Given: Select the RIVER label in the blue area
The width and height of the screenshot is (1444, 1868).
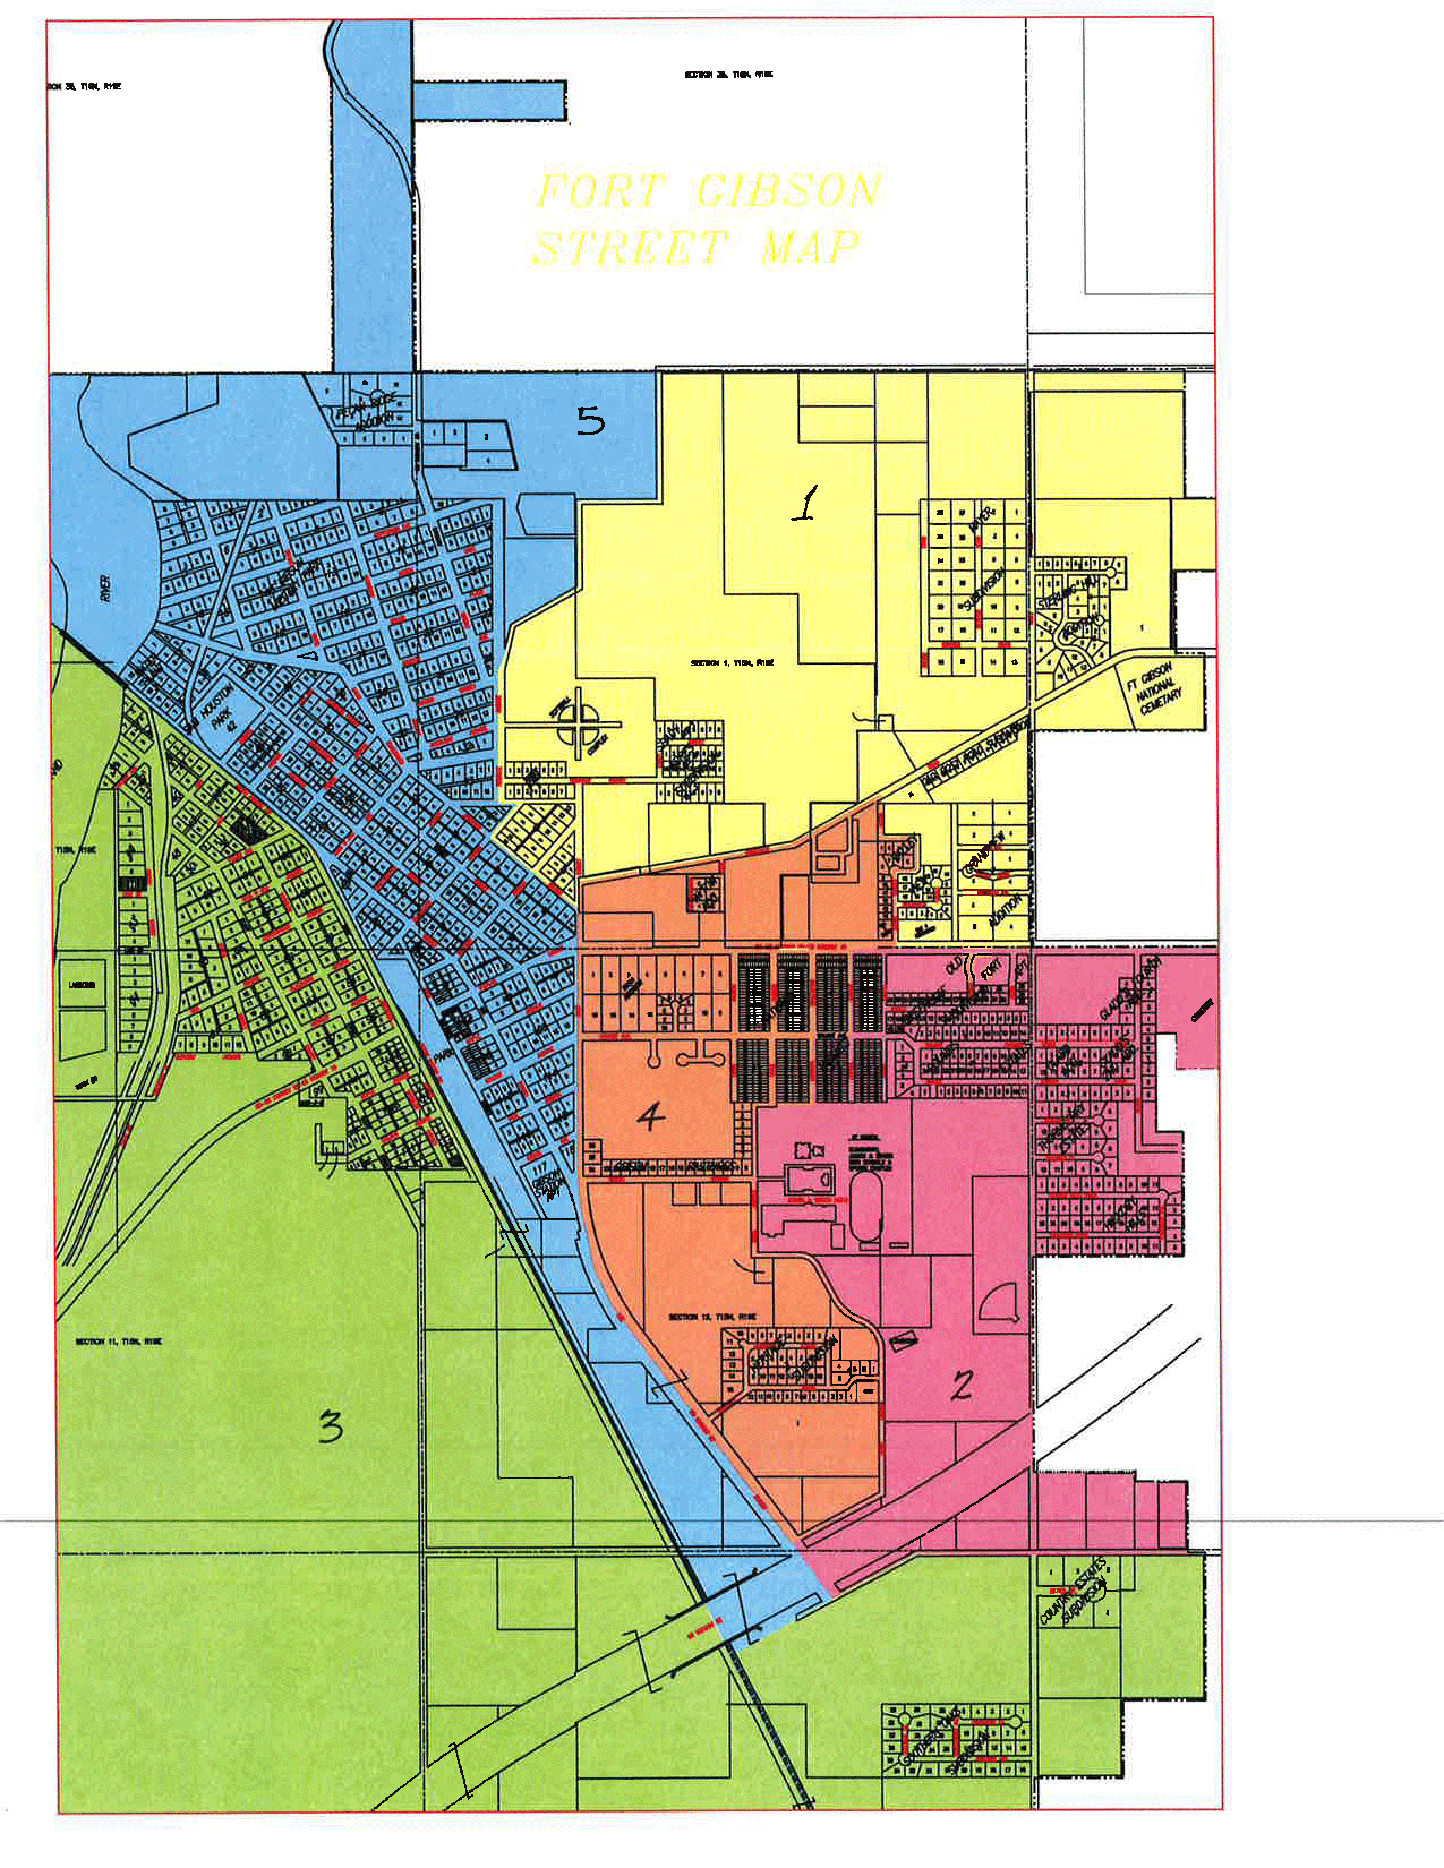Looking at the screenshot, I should click(105, 588).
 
